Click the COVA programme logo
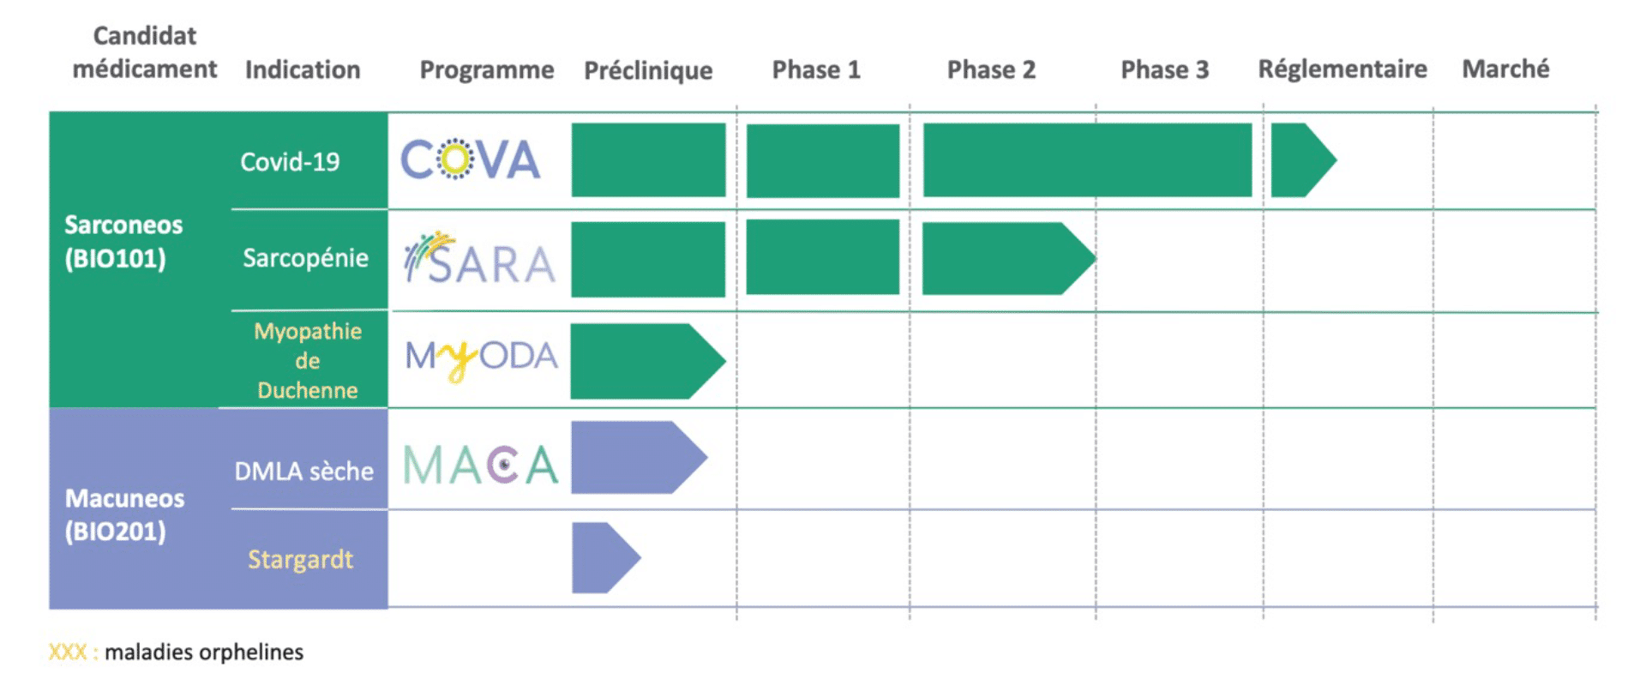[471, 159]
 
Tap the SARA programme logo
[480, 258]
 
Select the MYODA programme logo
[482, 358]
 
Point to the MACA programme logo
[480, 466]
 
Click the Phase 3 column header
[1164, 69]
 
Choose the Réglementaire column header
[1343, 69]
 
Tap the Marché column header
[1505, 69]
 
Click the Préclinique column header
[648, 70]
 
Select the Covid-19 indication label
[290, 161]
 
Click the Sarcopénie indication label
[305, 258]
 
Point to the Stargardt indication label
[300, 560]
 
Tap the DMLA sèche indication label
[303, 471]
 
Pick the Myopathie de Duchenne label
[308, 361]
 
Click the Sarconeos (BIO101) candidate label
[123, 241]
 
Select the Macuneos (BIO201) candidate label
[124, 514]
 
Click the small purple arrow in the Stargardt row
[605, 557]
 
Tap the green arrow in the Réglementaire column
[1303, 159]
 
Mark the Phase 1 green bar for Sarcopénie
[823, 257]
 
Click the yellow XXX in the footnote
[68, 652]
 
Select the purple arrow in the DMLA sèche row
[639, 457]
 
